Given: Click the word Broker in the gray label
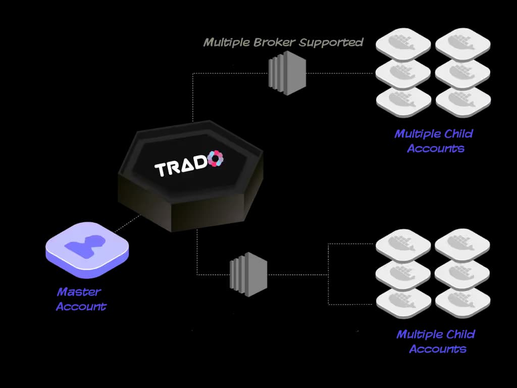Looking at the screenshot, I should [271, 42].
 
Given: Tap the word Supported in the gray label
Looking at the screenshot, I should [331, 42].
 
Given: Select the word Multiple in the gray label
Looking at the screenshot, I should [225, 42].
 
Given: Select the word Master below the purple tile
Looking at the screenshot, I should [79, 292].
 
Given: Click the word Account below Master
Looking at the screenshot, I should [81, 306].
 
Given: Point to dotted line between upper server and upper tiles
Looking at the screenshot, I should [341, 73].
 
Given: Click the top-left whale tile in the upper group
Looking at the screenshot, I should [403, 45].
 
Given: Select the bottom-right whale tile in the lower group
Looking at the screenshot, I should [462, 303].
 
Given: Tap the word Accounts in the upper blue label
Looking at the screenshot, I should [435, 149].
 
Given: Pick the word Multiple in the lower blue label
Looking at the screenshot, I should [419, 334].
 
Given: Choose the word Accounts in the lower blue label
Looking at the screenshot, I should [437, 349].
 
